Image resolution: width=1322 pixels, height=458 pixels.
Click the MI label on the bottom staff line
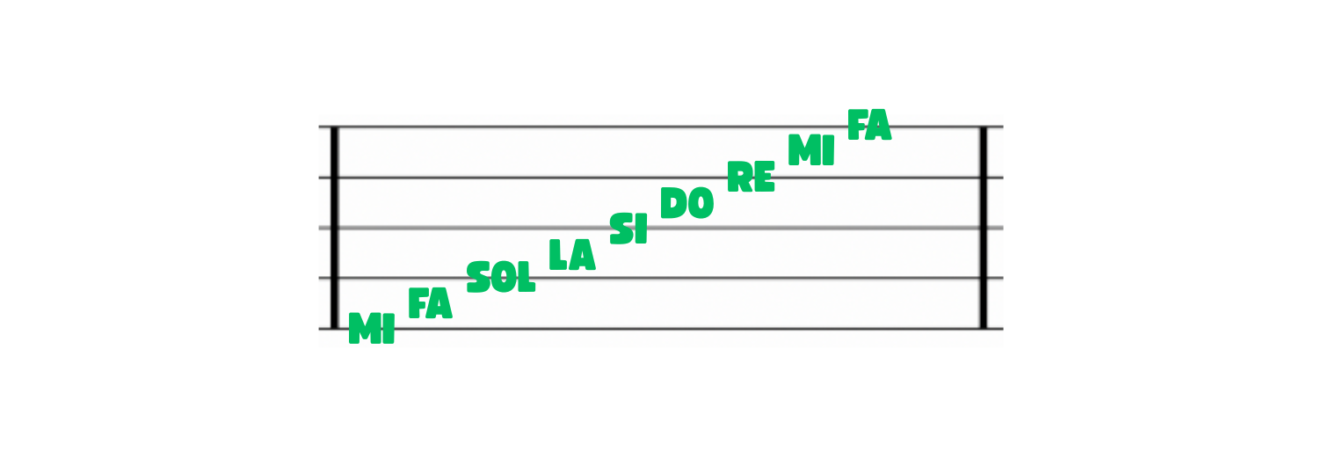tap(372, 328)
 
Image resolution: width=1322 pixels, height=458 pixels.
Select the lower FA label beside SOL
tap(430, 303)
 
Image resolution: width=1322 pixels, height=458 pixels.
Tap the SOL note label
tap(501, 277)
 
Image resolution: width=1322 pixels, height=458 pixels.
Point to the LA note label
tap(572, 254)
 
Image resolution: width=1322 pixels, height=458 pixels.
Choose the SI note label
tap(628, 229)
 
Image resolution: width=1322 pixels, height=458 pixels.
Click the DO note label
tap(687, 203)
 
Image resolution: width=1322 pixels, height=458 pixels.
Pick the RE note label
tap(751, 177)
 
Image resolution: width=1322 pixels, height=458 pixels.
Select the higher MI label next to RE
tap(811, 150)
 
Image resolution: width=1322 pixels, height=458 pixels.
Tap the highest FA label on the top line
tap(869, 125)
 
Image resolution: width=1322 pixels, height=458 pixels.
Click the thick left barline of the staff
tap(334, 227)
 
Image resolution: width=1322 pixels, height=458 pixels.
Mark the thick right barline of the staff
tap(984, 227)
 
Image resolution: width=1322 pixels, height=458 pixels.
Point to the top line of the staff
tap(661, 127)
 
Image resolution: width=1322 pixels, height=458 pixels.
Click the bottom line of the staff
tap(661, 329)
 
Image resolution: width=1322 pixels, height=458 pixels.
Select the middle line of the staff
tap(661, 228)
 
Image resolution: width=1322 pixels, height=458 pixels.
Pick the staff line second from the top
tap(661, 177)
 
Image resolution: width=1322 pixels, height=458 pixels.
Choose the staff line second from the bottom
tap(661, 278)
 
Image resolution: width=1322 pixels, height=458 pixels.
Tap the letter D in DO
tap(672, 203)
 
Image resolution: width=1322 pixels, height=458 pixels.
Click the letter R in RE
tap(739, 177)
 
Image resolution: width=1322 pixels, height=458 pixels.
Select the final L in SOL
tap(526, 278)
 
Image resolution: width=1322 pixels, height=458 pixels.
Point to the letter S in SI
tap(621, 229)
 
